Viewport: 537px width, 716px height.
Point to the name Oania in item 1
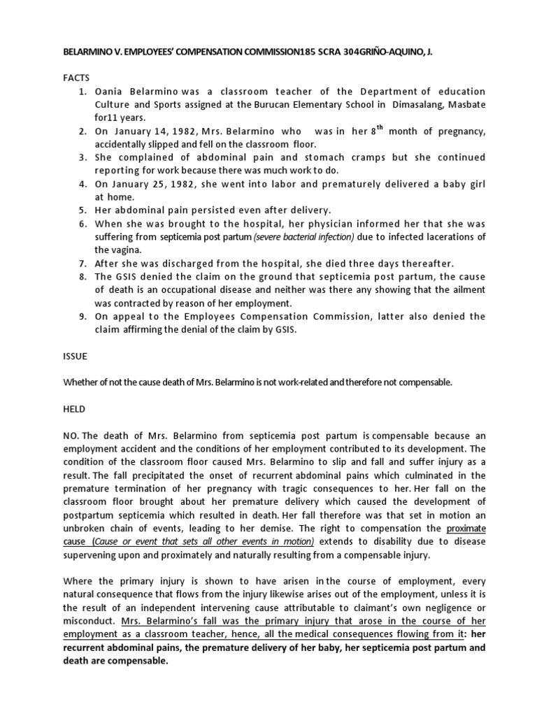point(110,92)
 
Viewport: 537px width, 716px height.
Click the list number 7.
point(81,264)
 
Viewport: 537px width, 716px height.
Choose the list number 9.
point(81,316)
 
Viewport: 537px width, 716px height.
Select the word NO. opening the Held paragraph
point(72,434)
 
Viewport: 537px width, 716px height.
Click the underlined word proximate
point(466,527)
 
